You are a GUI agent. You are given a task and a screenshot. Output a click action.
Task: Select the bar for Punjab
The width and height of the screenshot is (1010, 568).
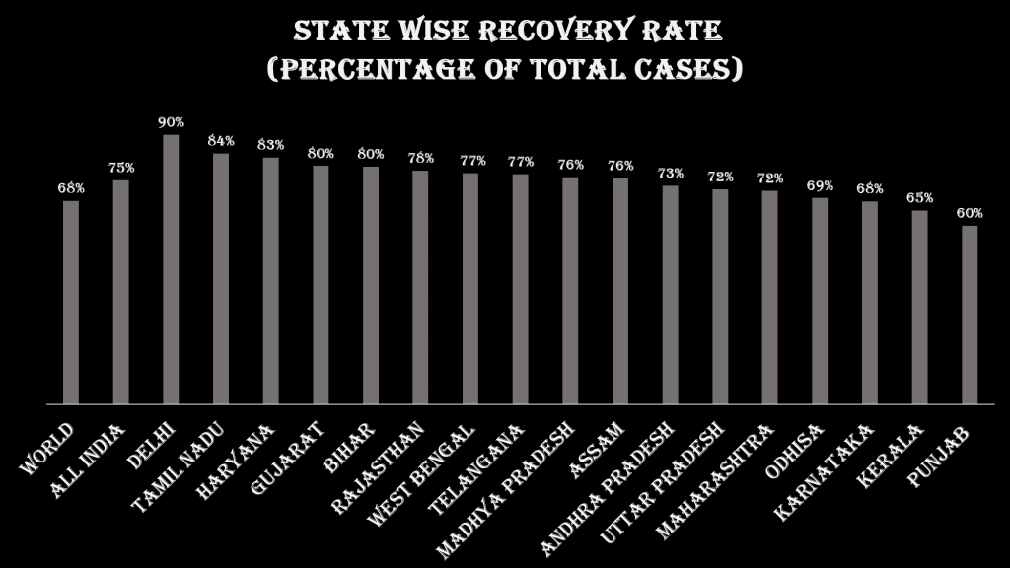tap(970, 315)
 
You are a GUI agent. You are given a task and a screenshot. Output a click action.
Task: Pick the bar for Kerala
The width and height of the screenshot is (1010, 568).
tap(919, 307)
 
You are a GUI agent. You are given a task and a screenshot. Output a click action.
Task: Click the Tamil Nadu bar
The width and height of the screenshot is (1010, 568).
tap(221, 278)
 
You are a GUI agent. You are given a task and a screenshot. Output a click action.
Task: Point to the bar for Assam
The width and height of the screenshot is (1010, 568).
tap(620, 291)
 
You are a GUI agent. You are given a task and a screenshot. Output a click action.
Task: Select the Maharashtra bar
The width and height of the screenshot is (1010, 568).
tap(770, 297)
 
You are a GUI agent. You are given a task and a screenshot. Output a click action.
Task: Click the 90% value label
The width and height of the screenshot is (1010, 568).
tap(171, 122)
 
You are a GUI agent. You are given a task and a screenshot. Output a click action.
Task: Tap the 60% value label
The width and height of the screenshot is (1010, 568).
tap(970, 213)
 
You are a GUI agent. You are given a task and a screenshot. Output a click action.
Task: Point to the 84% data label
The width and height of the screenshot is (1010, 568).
tap(221, 141)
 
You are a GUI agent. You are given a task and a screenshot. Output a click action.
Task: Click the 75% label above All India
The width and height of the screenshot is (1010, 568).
tap(121, 168)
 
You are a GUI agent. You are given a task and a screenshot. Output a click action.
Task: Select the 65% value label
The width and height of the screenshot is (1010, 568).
tap(919, 197)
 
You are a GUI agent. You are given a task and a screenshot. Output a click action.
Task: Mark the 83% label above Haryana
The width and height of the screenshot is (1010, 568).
tap(270, 145)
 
